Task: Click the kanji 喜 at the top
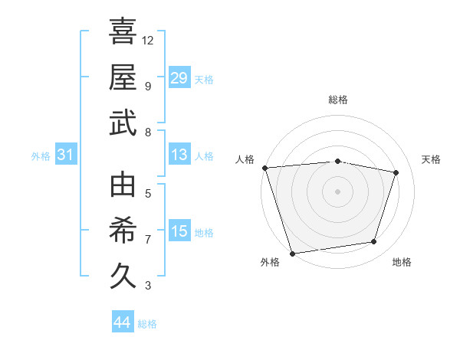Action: pyautogui.click(x=123, y=31)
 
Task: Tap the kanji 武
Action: pyautogui.click(x=123, y=123)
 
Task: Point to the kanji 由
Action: pyautogui.click(x=123, y=185)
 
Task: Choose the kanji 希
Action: pyautogui.click(x=123, y=230)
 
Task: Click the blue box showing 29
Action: pyautogui.click(x=179, y=77)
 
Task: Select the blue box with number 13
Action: pyautogui.click(x=179, y=155)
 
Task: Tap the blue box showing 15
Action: pyautogui.click(x=179, y=231)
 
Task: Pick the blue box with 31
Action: pyautogui.click(x=66, y=155)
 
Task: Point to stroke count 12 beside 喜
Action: pyautogui.click(x=148, y=40)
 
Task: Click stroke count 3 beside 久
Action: pyautogui.click(x=148, y=286)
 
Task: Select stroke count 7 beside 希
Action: pyautogui.click(x=148, y=240)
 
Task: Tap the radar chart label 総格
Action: pyautogui.click(x=337, y=100)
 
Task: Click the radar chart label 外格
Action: pyautogui.click(x=270, y=263)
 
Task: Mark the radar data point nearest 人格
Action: pyautogui.click(x=264, y=168)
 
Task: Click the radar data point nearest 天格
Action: pyautogui.click(x=396, y=172)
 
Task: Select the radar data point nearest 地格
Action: pyautogui.click(x=374, y=242)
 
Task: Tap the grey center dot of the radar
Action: pyautogui.click(x=337, y=191)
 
